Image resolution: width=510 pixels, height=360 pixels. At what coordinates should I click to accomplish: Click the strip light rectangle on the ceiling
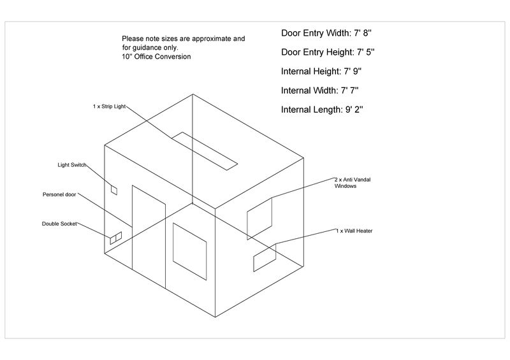pos(205,150)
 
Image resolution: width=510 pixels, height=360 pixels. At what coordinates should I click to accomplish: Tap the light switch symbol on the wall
pos(114,190)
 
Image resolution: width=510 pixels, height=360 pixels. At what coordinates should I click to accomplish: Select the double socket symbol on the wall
pos(116,238)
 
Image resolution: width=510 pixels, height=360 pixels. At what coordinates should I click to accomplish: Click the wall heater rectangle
pos(265,257)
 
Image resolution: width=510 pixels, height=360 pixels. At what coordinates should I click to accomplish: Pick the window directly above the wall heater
pos(259,219)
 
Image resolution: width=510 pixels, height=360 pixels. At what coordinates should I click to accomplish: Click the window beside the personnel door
pos(189,252)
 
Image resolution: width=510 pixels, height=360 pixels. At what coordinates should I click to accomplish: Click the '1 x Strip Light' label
pos(109,106)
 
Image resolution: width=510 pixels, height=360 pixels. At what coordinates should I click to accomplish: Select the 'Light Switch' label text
pos(72,165)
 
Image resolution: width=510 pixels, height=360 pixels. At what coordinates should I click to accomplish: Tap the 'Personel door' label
pos(59,194)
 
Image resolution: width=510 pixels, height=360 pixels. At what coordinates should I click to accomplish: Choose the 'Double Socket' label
pos(59,224)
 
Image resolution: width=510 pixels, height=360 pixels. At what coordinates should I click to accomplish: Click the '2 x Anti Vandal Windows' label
pos(353,183)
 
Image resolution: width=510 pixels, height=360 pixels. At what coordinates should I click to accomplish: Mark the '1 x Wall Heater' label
pos(354,231)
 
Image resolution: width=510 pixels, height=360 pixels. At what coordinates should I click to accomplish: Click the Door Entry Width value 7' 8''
pos(363,33)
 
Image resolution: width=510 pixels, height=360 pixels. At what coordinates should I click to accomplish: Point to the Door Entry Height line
pos(328,52)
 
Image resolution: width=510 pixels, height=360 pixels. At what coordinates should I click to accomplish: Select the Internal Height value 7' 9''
pos(353,71)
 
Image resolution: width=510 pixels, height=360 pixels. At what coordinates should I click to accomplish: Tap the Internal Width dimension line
pos(320,90)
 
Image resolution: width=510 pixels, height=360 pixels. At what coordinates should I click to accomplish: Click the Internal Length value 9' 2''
pos(354,110)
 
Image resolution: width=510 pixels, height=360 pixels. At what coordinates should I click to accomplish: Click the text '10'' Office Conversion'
pos(156,57)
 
